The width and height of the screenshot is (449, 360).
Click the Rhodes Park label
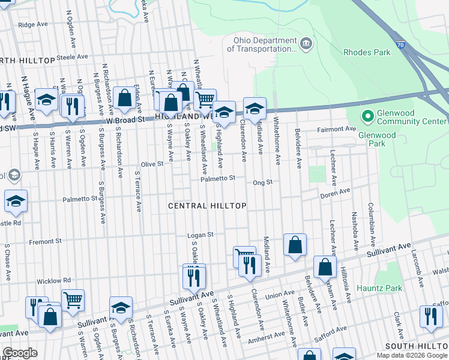366,52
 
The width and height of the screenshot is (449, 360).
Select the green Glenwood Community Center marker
367,114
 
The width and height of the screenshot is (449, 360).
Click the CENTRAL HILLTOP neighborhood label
207,206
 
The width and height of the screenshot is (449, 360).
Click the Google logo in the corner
20,353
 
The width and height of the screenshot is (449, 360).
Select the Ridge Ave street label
32,25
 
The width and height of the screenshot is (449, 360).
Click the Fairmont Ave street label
339,129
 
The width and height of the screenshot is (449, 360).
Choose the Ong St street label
263,182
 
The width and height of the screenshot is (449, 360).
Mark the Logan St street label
202,235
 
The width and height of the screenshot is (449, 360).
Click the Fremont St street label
45,242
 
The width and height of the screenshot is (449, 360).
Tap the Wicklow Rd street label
53,280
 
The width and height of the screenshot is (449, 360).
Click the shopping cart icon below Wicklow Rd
73,298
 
